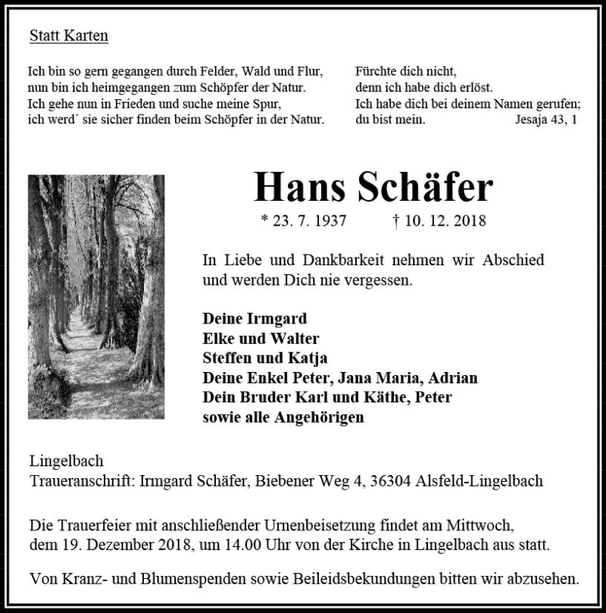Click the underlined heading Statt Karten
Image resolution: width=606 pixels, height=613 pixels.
tap(69, 36)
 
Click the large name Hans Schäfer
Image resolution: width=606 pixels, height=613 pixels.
tap(373, 187)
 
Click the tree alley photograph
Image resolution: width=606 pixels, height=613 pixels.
tap(96, 296)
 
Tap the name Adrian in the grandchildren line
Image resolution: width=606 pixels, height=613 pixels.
tap(454, 377)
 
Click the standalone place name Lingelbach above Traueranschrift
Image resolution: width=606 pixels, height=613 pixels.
tap(66, 461)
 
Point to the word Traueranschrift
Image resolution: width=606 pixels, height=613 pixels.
tap(83, 481)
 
